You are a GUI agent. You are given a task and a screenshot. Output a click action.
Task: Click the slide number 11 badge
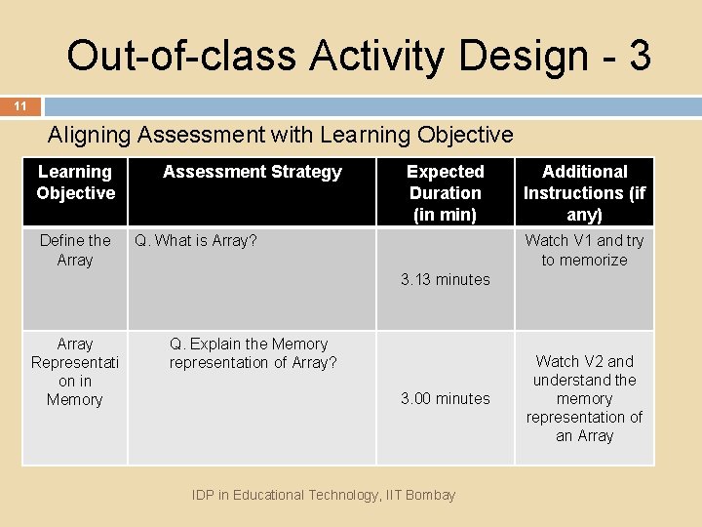pyautogui.click(x=19, y=106)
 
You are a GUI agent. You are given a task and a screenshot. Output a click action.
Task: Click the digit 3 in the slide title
pyautogui.click(x=639, y=57)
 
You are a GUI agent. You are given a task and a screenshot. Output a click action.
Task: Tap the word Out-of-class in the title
pyautogui.click(x=181, y=57)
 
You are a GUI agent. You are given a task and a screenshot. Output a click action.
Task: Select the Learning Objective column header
pyautogui.click(x=75, y=182)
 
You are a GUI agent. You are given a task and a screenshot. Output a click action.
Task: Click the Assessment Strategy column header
pyautogui.click(x=252, y=172)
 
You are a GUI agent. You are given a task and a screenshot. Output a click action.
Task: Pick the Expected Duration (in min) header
pyautogui.click(x=445, y=192)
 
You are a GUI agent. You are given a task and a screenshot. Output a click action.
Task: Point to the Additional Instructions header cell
pyautogui.click(x=584, y=192)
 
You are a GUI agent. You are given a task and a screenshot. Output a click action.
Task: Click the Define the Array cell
pyautogui.click(x=75, y=250)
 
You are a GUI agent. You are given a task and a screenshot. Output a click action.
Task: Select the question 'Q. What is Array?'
pyautogui.click(x=195, y=240)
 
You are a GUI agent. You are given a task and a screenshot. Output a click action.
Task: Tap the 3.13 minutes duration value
pyautogui.click(x=445, y=279)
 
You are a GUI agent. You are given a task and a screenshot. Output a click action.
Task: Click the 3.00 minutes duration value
pyautogui.click(x=445, y=398)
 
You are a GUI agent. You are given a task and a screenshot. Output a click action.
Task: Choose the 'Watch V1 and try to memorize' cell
pyautogui.click(x=584, y=250)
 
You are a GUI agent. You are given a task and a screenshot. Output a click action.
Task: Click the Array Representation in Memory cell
pyautogui.click(x=75, y=371)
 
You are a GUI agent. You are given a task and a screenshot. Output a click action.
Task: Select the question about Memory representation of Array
pyautogui.click(x=253, y=353)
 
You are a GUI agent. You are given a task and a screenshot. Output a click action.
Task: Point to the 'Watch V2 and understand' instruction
pyautogui.click(x=584, y=398)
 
